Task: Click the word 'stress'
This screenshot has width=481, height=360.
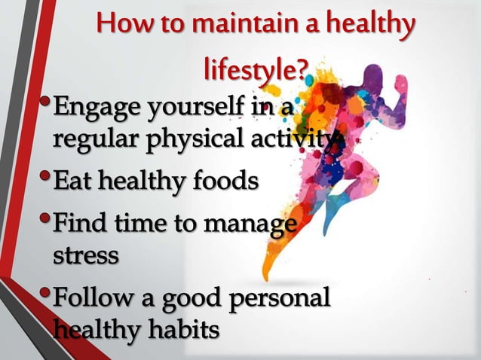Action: click(x=85, y=255)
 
